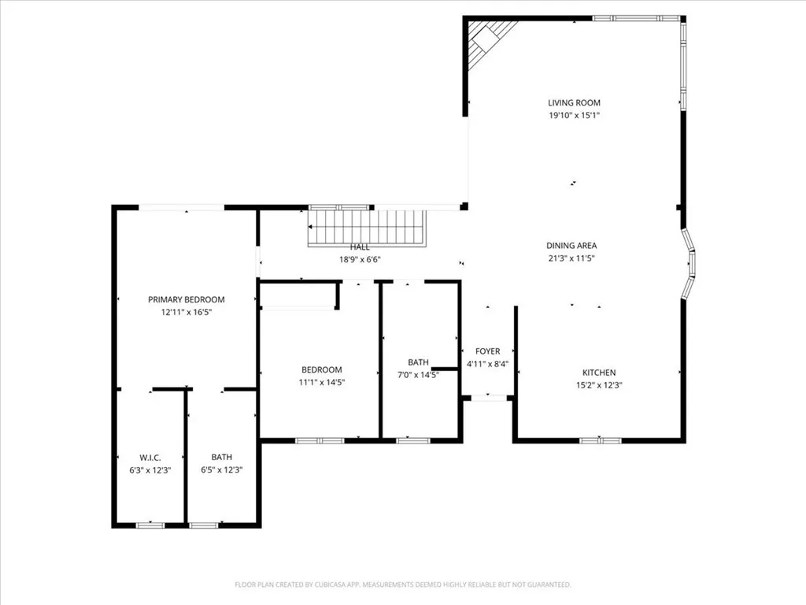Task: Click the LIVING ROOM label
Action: pos(574,102)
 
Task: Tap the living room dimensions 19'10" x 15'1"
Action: pos(574,116)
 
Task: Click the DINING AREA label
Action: pos(571,245)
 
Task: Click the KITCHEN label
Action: pos(599,373)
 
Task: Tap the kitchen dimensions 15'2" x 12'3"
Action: pos(599,385)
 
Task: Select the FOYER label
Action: pos(487,351)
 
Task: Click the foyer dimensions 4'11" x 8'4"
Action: pos(487,364)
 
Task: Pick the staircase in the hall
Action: pos(367,227)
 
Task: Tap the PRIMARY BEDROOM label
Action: pos(187,299)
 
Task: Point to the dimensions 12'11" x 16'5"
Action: pos(187,312)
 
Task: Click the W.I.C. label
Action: pos(150,457)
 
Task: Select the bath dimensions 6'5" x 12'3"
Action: pos(221,470)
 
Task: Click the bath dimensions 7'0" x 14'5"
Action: pos(418,375)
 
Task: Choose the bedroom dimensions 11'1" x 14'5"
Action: pos(321,382)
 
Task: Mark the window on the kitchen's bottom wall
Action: pos(601,440)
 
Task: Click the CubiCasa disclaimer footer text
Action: pos(403,585)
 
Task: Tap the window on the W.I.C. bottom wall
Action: pos(150,525)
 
